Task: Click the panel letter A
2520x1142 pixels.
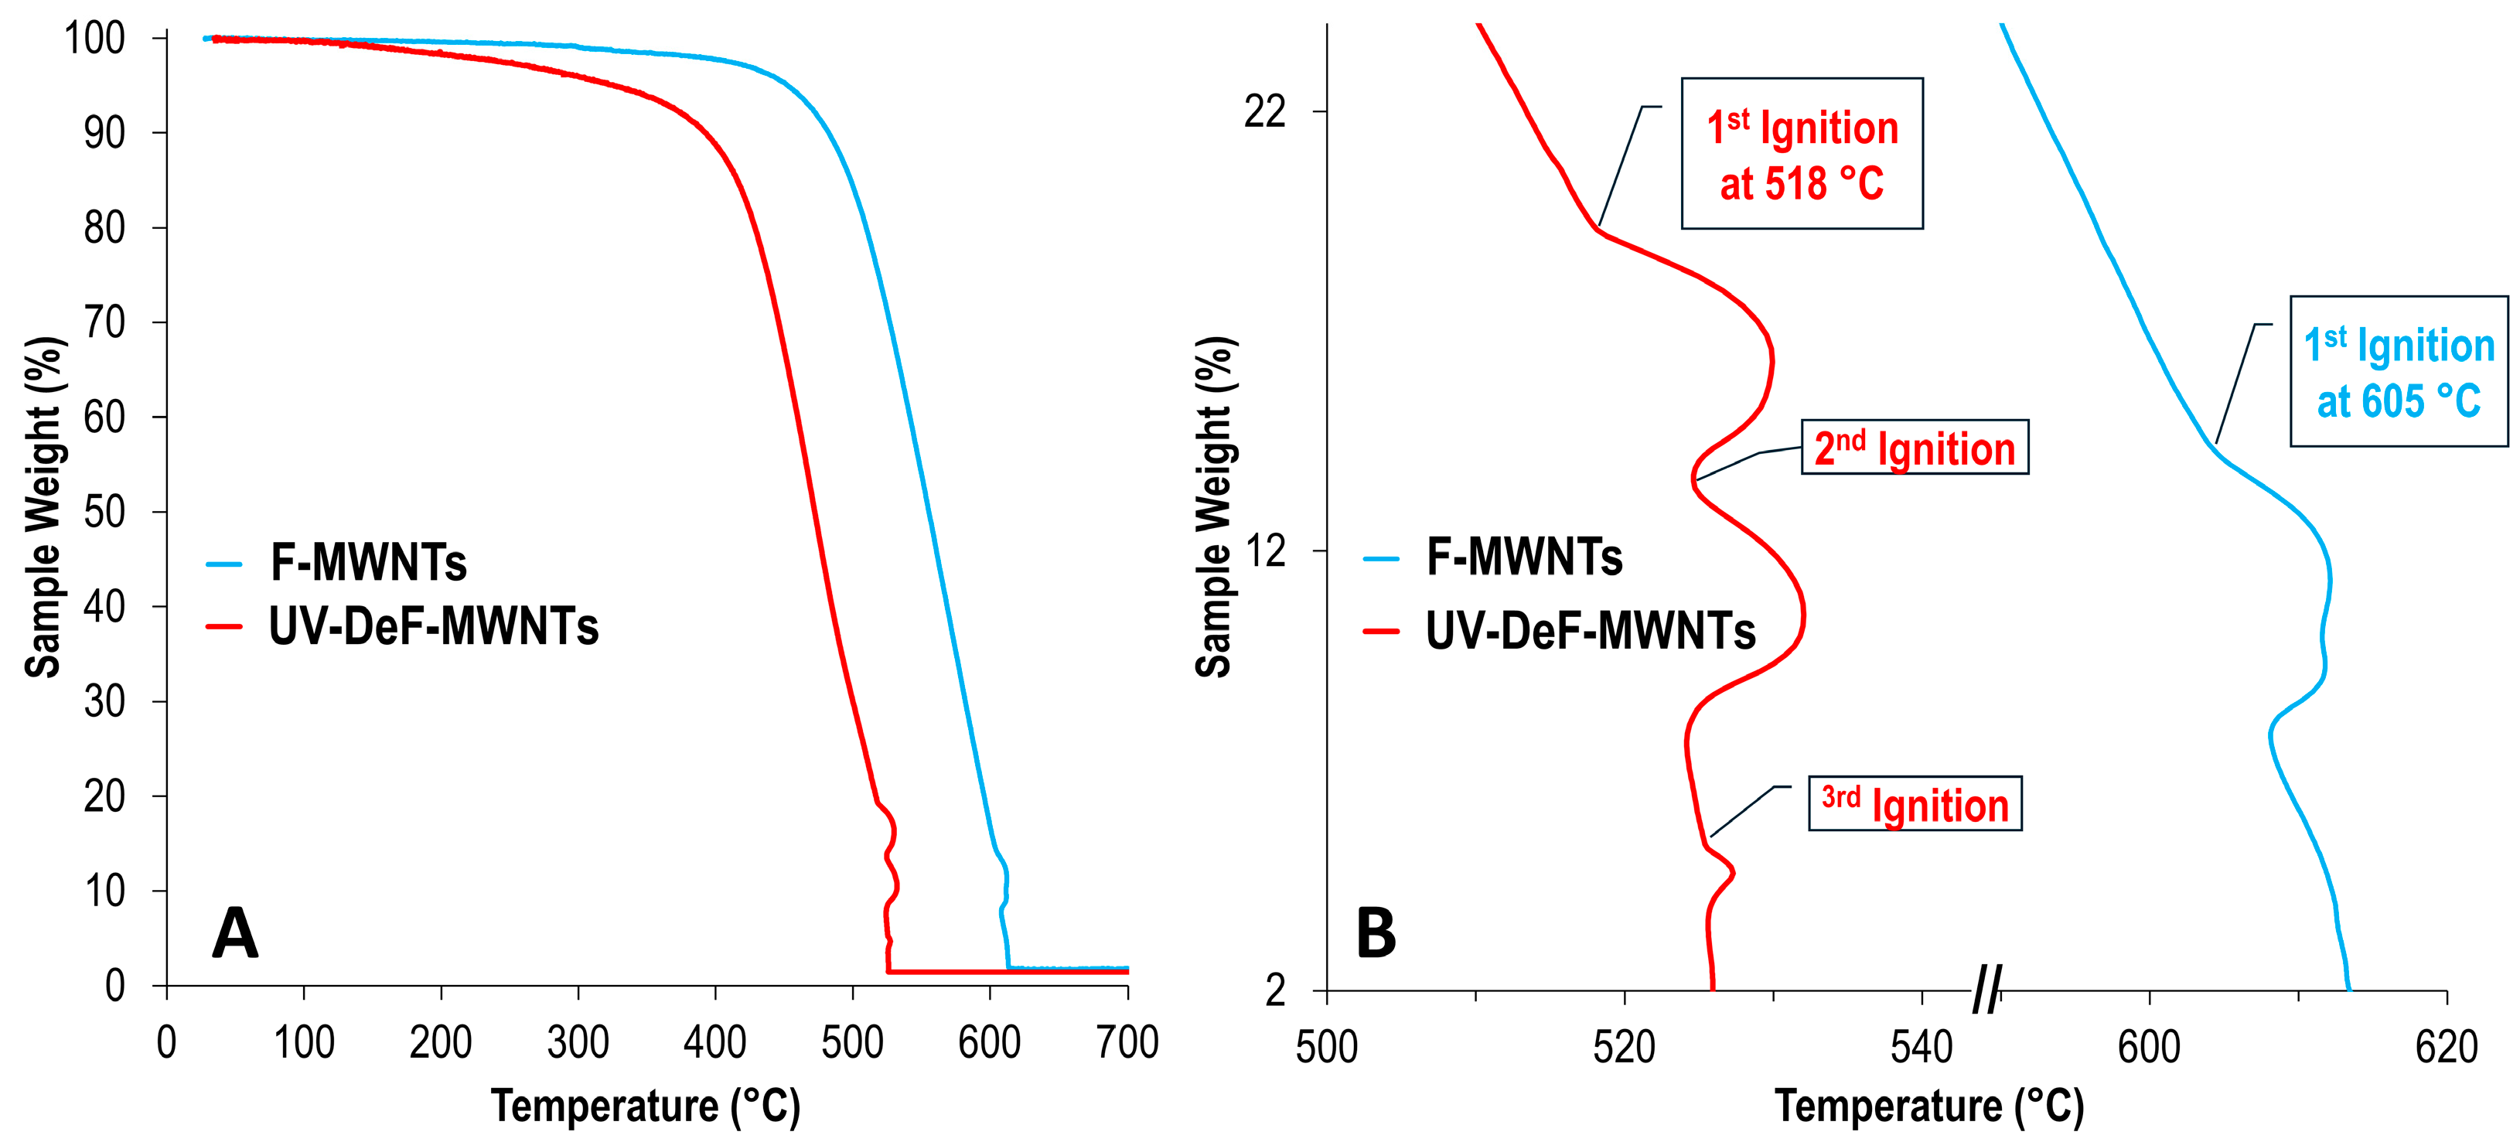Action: pyautogui.click(x=235, y=932)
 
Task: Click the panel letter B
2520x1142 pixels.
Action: pyautogui.click(x=1376, y=932)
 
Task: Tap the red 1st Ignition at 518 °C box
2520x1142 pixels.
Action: pyautogui.click(x=1802, y=154)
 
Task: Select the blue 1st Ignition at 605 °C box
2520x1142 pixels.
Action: pyautogui.click(x=2399, y=372)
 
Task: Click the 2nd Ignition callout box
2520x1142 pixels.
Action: pyautogui.click(x=1915, y=448)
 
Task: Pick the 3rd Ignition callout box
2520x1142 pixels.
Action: pyautogui.click(x=1915, y=804)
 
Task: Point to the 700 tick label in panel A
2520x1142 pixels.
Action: pyautogui.click(x=1127, y=1043)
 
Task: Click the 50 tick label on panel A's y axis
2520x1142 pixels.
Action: pyautogui.click(x=104, y=512)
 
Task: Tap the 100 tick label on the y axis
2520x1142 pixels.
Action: pyautogui.click(x=95, y=39)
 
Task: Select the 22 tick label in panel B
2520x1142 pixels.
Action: pyautogui.click(x=1264, y=111)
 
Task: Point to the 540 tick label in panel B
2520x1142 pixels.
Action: pyautogui.click(x=1922, y=1048)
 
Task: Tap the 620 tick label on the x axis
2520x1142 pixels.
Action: pyautogui.click(x=2446, y=1048)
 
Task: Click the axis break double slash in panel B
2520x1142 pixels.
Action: pyautogui.click(x=1986, y=990)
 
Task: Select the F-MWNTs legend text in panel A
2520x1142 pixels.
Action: pyautogui.click(x=369, y=563)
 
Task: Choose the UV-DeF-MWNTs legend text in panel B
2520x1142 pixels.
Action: pyautogui.click(x=1590, y=631)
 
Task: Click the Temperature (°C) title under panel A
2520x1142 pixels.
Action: pyautogui.click(x=646, y=1106)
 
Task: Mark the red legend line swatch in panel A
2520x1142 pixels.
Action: pyautogui.click(x=224, y=626)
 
